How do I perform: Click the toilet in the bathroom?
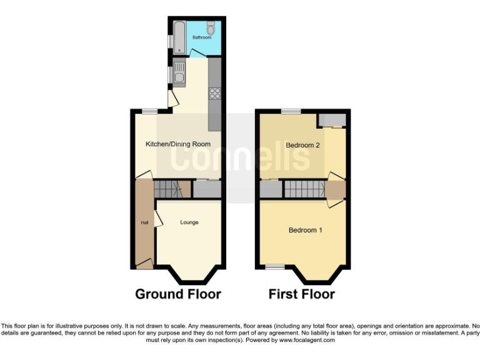(x=211, y=28)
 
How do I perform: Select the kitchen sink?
(x=179, y=73)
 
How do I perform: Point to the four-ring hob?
(x=215, y=94)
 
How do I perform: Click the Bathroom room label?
(x=201, y=37)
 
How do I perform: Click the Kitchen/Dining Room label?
(x=177, y=144)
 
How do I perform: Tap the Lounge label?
(x=189, y=222)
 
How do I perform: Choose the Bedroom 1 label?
(x=305, y=230)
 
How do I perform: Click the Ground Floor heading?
(x=177, y=294)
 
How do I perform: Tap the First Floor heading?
(x=302, y=294)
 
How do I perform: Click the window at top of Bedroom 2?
(x=290, y=111)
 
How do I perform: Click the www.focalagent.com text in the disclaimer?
(x=307, y=341)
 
